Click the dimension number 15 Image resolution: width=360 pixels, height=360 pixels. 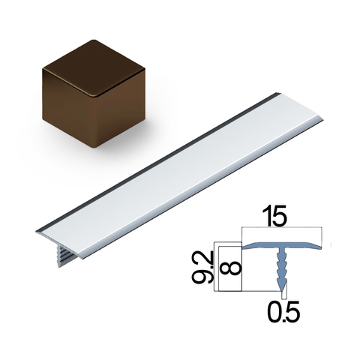[274, 216]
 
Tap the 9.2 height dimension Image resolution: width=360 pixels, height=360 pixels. [202, 268]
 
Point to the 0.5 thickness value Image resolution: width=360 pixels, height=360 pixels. [283, 311]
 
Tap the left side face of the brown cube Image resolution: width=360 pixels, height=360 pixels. [68, 110]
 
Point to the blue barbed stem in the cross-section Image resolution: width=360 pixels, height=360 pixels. [281, 268]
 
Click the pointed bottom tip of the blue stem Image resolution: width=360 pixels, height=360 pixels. [282, 291]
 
